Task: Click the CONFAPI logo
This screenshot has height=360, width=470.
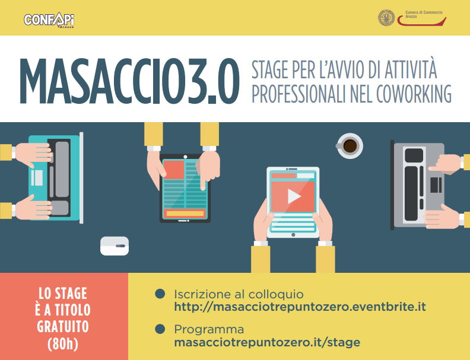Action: click(49, 20)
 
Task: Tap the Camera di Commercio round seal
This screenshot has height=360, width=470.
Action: click(386, 18)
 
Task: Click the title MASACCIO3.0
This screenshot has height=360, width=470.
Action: click(130, 81)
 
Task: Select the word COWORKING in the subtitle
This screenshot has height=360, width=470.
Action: click(414, 94)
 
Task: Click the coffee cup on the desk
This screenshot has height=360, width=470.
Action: click(350, 146)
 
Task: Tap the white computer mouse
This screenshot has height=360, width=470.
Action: click(115, 246)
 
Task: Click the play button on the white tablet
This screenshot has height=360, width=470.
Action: click(294, 196)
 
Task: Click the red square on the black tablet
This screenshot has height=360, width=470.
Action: click(174, 170)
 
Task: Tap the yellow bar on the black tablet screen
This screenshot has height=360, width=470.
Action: click(185, 214)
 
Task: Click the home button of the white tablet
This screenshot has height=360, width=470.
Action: click(293, 235)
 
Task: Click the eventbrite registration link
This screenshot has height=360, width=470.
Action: click(300, 307)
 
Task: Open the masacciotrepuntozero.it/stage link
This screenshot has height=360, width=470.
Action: click(267, 342)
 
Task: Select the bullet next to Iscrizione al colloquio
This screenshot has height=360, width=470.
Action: click(160, 294)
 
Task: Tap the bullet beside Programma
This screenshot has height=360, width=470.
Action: click(160, 329)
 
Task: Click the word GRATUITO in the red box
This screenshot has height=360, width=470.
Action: click(63, 326)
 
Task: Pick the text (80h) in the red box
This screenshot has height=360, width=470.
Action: click(63, 344)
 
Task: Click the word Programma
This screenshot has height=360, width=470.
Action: click(209, 329)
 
